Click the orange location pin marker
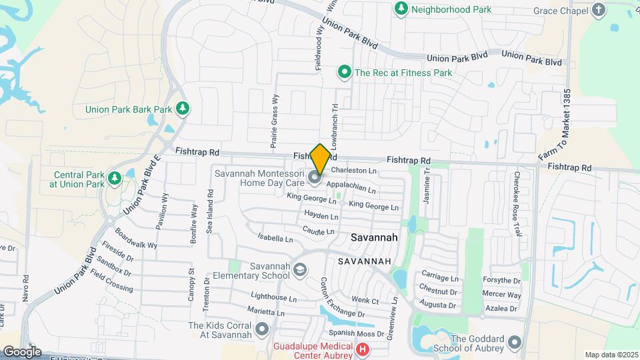click(320, 159)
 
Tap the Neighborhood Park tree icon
click(401, 9)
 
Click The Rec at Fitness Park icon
click(345, 72)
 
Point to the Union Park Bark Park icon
click(182, 109)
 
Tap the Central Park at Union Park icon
click(115, 178)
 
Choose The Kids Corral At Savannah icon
click(261, 329)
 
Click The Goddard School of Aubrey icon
click(514, 343)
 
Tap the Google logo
click(22, 351)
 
